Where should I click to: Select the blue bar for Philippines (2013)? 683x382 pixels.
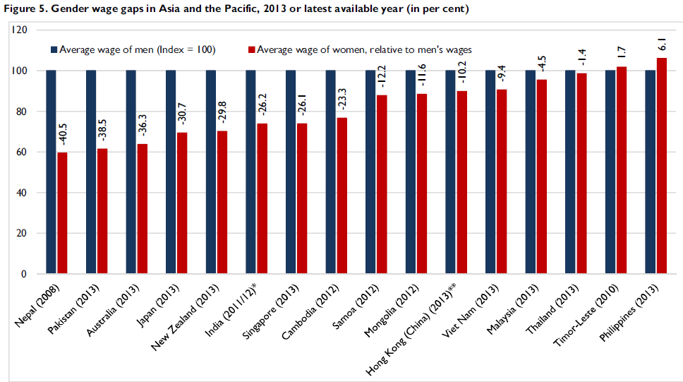point(650,172)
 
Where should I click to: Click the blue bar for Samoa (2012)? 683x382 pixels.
point(370,172)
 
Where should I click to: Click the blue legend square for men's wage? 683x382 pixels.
point(54,50)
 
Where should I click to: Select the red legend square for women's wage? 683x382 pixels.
point(251,50)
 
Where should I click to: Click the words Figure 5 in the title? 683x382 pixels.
point(20,8)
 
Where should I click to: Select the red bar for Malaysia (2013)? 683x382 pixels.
point(542,177)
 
